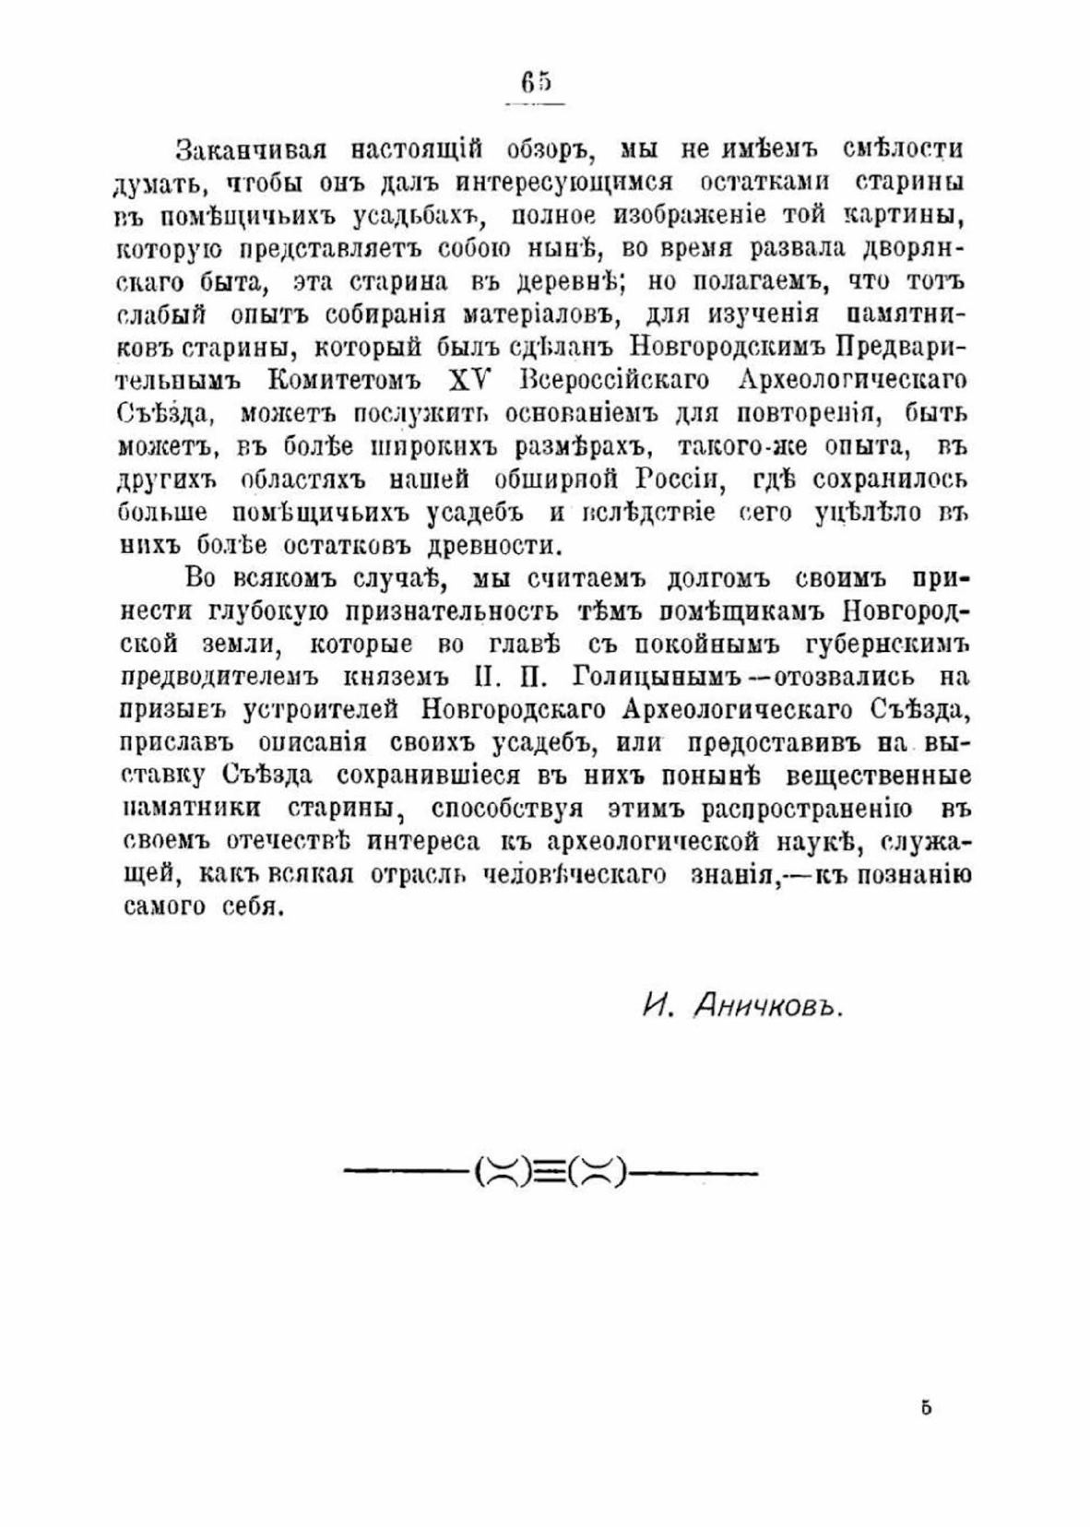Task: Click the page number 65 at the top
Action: pos(535,84)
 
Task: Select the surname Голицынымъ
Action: pos(658,677)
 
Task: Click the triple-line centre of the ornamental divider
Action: pos(550,1173)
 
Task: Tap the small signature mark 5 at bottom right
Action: pos(926,1408)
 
